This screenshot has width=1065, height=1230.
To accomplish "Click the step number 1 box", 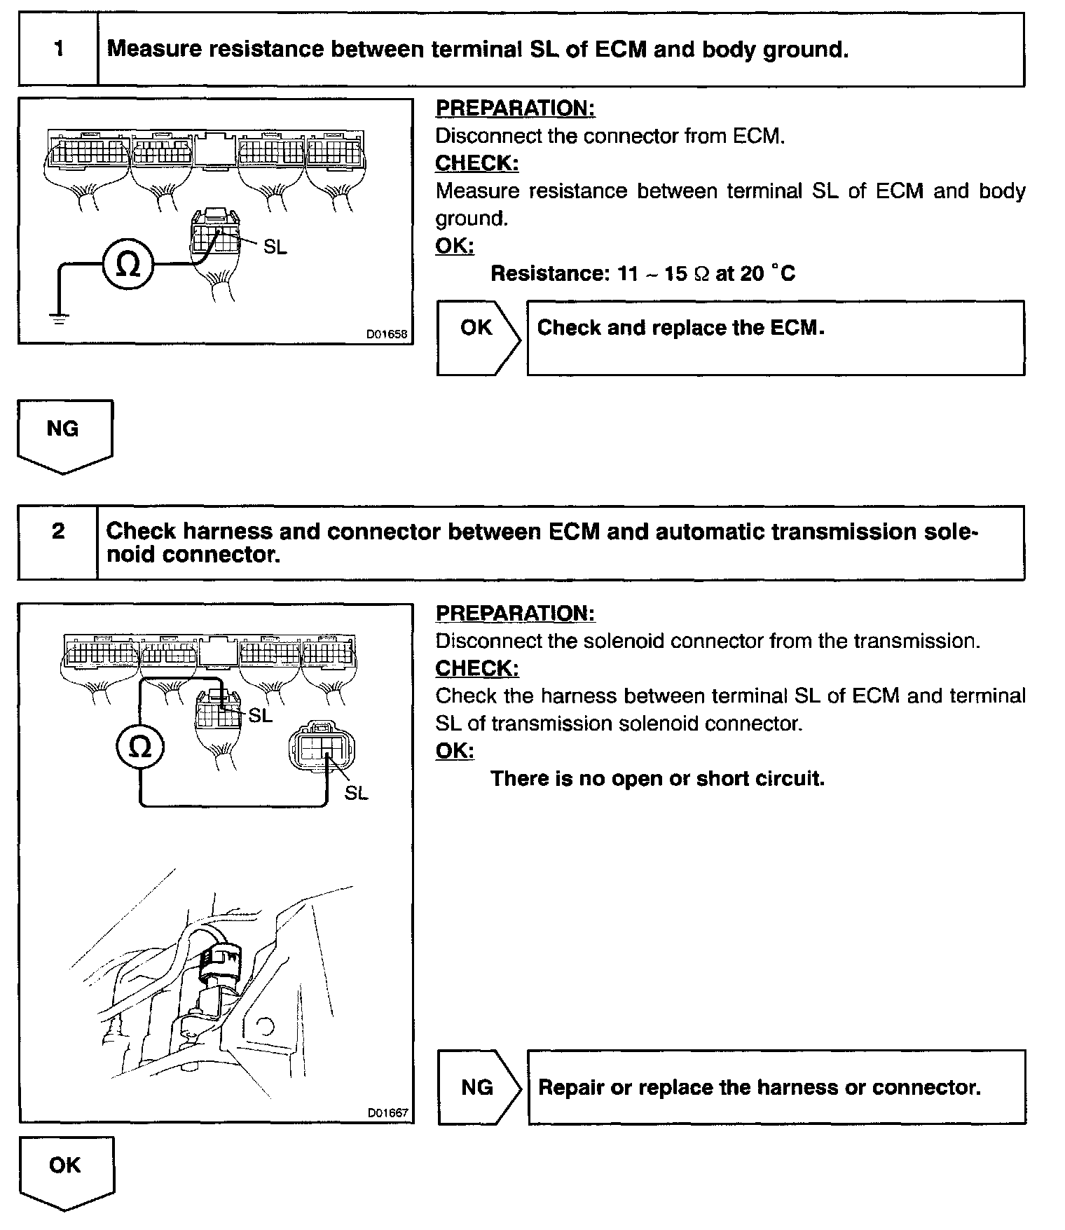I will click(59, 49).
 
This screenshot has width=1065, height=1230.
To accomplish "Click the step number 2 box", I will click(59, 542).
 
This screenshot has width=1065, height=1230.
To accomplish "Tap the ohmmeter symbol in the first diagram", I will click(127, 265).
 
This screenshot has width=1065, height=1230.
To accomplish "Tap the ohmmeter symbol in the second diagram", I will click(140, 747).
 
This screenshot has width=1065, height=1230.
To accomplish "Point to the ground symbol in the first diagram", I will click(60, 320).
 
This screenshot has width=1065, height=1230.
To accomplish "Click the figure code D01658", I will click(386, 334).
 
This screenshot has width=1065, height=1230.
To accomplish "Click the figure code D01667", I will click(387, 1112).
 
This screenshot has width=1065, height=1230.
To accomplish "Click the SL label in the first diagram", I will click(275, 247).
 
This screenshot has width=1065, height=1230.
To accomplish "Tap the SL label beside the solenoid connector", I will click(356, 793).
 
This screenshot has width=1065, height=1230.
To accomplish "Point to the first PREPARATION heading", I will click(515, 108).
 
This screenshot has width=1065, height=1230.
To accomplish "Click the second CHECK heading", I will click(477, 668).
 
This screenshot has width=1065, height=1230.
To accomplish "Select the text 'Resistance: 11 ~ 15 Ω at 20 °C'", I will click(643, 272).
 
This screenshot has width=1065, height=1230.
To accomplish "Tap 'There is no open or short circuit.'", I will click(657, 778).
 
